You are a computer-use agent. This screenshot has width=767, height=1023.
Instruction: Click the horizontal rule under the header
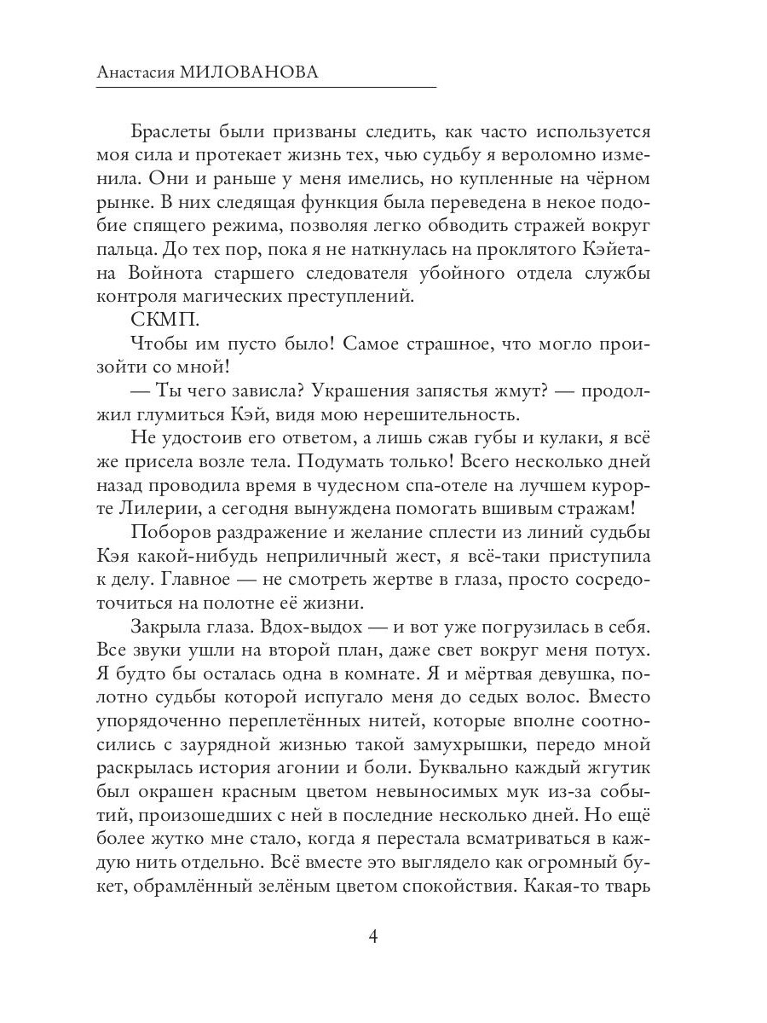tap(266, 88)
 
